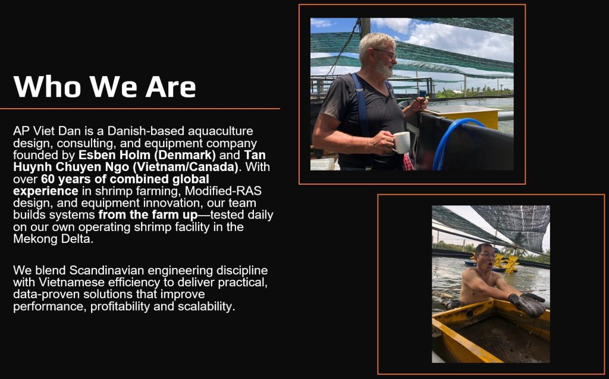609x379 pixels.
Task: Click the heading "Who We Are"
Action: [105, 86]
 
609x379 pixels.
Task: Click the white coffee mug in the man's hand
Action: [401, 143]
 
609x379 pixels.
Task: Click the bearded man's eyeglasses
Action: [385, 53]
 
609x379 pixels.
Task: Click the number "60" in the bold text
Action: [48, 179]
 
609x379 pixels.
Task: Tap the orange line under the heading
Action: [140, 109]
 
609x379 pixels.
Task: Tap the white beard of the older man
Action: [384, 69]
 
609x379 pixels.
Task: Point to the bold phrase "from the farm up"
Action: [148, 214]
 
